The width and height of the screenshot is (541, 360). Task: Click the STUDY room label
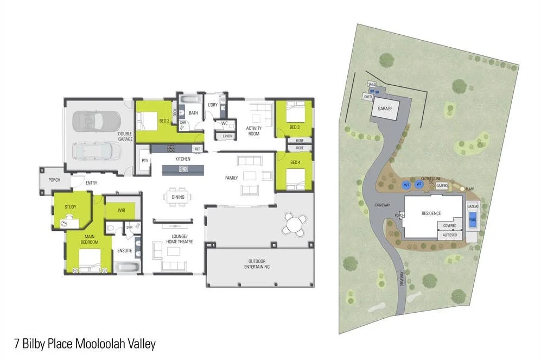click(x=70, y=207)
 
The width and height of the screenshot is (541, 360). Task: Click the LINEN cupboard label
click(x=227, y=136)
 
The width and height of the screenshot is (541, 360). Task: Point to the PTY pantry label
click(x=145, y=161)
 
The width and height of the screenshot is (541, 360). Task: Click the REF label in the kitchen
click(x=198, y=148)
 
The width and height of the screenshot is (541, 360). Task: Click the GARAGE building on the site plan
click(x=385, y=109)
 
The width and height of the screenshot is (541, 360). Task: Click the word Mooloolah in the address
click(x=99, y=344)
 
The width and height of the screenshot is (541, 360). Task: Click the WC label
click(x=224, y=123)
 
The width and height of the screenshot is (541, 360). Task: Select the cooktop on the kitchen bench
click(x=170, y=148)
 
